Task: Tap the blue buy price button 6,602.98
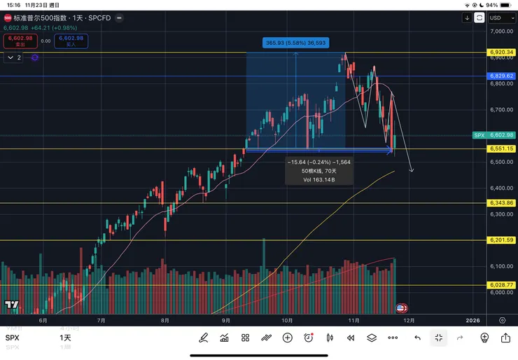(72, 41)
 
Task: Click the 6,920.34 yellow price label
(502, 53)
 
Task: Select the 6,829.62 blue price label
(502, 76)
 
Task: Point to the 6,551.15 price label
(502, 148)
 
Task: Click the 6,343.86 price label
(502, 203)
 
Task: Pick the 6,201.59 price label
(502, 240)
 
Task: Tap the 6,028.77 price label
(502, 285)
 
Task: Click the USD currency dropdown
(498, 18)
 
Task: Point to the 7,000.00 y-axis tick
(502, 32)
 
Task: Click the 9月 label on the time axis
(227, 320)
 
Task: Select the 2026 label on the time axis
(472, 320)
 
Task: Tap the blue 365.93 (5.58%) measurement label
(295, 43)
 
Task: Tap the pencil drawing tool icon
(204, 338)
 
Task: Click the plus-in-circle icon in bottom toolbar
(287, 338)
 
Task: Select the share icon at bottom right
(505, 338)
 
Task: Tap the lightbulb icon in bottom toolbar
(484, 338)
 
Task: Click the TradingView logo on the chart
(11, 305)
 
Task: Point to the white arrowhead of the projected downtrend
(412, 170)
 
